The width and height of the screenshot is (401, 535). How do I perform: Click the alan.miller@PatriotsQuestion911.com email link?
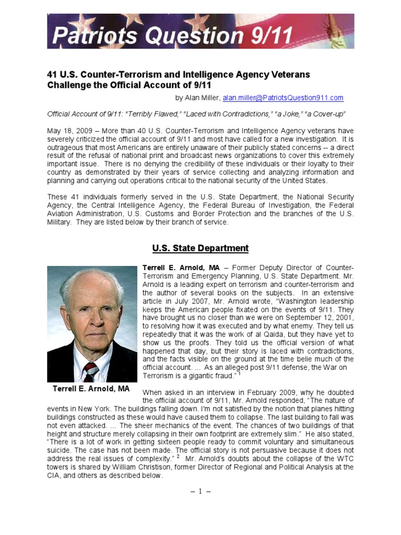pyautogui.click(x=283, y=98)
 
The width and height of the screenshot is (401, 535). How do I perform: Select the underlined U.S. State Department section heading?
pyautogui.click(x=200, y=248)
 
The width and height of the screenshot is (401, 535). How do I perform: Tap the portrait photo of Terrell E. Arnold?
pyautogui.click(x=92, y=324)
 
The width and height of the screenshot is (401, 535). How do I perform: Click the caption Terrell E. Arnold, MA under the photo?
pyautogui.click(x=92, y=389)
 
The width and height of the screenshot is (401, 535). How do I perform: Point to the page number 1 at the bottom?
pyautogui.click(x=200, y=491)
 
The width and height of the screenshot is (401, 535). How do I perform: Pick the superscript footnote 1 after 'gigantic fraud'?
pyautogui.click(x=239, y=373)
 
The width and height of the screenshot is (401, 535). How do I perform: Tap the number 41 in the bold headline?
pyautogui.click(x=53, y=75)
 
